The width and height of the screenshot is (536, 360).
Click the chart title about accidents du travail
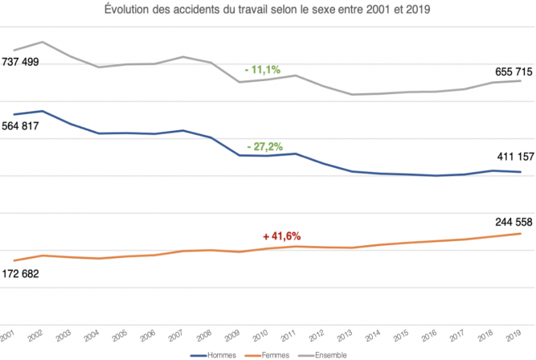tap(268, 10)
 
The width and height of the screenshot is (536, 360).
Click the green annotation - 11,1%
tap(263, 70)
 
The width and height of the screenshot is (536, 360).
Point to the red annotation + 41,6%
tap(281, 236)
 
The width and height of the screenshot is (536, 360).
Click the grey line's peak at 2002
tap(43, 42)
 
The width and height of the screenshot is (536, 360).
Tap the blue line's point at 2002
tap(43, 111)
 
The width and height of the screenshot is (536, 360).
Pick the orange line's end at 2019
tap(522, 233)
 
